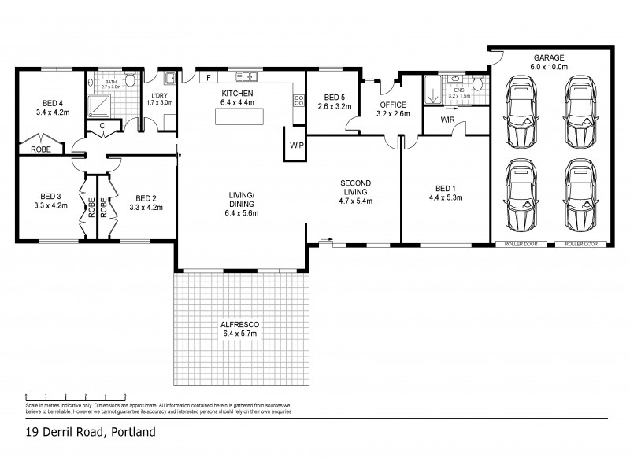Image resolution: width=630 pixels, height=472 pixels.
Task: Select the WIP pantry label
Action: coord(296,146)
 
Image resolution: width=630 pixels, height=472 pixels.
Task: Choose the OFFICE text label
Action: coord(392,105)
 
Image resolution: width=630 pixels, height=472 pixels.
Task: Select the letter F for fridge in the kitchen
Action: coord(209,78)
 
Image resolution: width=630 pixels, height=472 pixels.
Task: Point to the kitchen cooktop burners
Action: coord(299,100)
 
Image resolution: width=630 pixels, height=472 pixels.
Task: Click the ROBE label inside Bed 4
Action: coord(42,149)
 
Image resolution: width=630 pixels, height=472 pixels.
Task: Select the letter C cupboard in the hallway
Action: coord(102,125)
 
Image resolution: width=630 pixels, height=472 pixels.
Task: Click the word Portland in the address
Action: coord(132,432)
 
